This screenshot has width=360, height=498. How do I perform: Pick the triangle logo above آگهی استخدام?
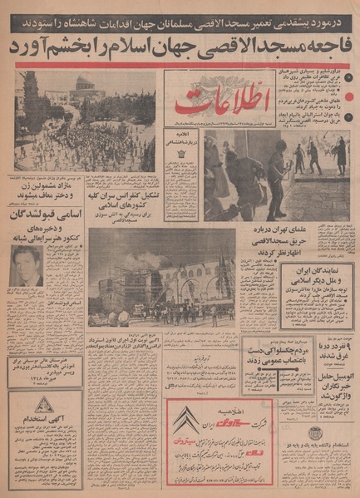tap(45, 406)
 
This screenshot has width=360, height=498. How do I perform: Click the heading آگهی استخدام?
tap(45, 424)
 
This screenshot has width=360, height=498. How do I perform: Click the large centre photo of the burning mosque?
tap(162, 275)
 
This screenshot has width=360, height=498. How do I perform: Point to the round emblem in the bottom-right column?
tap(316, 433)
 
